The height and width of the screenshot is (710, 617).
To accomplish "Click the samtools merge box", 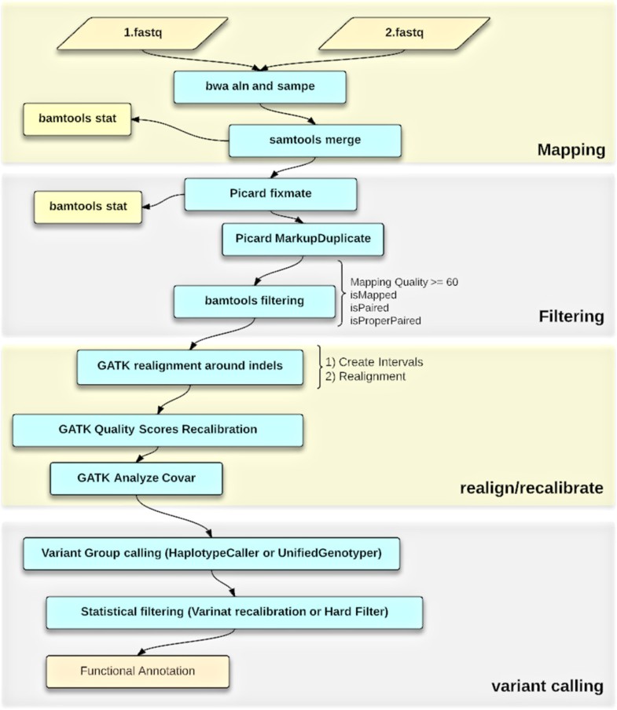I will [315, 142].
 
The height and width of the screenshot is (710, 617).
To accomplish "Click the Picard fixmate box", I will [270, 194].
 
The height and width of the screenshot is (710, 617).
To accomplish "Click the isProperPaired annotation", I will [386, 320].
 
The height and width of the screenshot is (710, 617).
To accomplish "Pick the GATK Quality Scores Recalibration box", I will [157, 430].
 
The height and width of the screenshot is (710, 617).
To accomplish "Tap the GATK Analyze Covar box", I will [136, 478].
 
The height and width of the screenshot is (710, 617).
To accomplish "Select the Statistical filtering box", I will [234, 612].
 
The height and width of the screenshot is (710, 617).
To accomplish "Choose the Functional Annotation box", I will [138, 672].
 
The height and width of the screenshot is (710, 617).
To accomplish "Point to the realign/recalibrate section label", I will [531, 489].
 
